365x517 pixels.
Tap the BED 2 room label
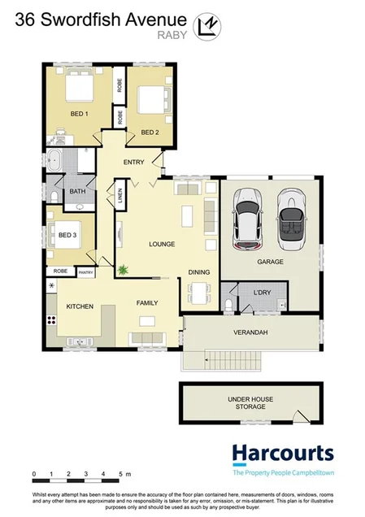click(x=149, y=132)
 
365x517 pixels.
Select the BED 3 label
click(x=67, y=236)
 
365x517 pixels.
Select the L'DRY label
click(x=262, y=291)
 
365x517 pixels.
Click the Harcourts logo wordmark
click(x=282, y=454)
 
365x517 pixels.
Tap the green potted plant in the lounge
click(x=123, y=269)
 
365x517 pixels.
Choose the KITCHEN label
click(x=80, y=306)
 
